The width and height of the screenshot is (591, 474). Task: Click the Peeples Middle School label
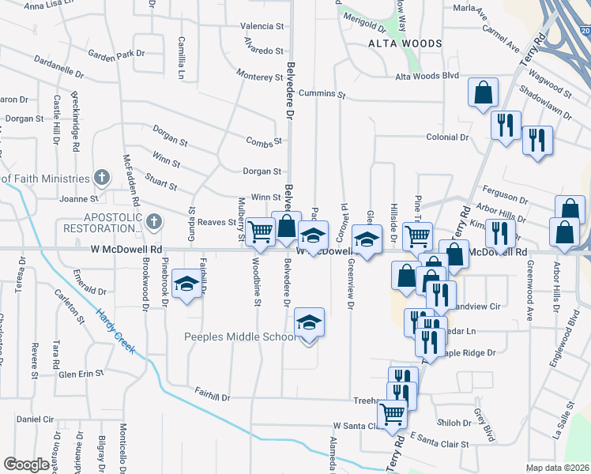coord(240,337)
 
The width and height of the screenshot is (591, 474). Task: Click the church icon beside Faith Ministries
coord(100,176)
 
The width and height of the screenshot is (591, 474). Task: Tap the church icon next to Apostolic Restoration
coord(154,221)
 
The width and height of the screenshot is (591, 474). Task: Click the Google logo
coord(26,465)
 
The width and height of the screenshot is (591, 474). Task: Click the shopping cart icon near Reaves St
coord(258,231)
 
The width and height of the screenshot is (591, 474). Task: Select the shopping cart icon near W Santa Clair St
coord(392,413)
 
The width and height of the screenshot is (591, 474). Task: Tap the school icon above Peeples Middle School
coord(309,320)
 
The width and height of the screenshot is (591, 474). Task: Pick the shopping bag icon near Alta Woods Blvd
coord(482,92)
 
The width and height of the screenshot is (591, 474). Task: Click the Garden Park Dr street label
coord(117,55)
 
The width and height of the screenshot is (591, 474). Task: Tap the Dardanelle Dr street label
coord(58,66)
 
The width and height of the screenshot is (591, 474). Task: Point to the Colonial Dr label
coord(447,137)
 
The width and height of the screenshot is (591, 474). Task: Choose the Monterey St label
coord(259,76)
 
